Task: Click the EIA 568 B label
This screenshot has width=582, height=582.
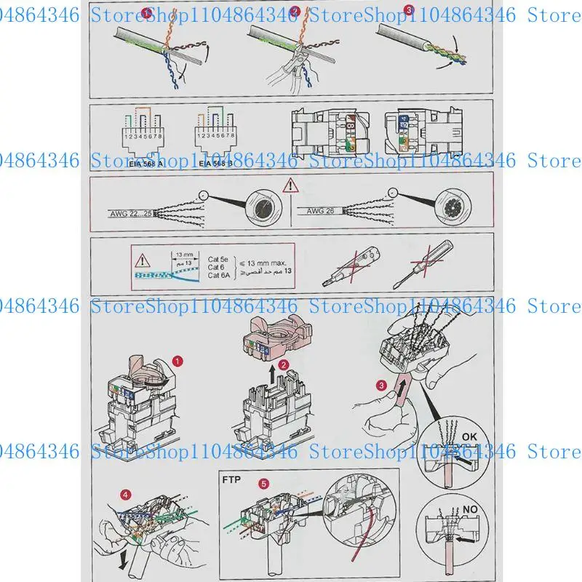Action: [215, 164]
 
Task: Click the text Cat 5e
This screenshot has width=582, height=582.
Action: [219, 258]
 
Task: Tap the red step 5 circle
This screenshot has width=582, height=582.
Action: [263, 482]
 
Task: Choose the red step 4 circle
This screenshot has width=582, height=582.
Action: [127, 495]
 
